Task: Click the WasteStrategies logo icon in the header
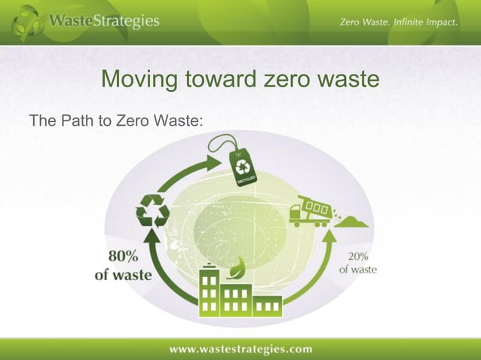[27, 23]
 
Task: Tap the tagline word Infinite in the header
[403, 23]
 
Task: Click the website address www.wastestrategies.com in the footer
[240, 348]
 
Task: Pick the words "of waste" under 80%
[123, 276]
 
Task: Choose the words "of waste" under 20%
[357, 269]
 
